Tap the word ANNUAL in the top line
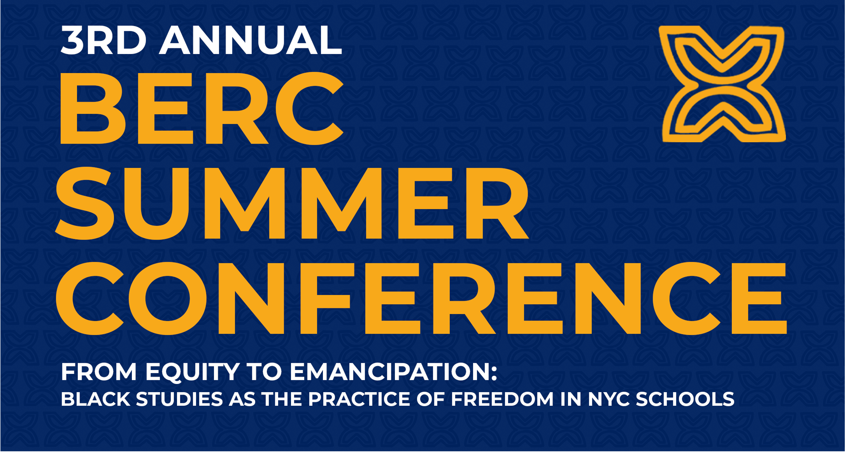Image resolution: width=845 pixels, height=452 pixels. [x=250, y=40]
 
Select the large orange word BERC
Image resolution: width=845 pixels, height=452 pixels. [x=202, y=108]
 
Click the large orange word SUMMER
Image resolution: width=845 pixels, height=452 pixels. [x=292, y=203]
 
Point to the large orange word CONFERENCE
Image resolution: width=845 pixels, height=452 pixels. [x=421, y=298]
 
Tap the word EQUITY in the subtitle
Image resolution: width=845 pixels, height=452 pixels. [x=192, y=372]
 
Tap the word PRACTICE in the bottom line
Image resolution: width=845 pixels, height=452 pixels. [x=359, y=399]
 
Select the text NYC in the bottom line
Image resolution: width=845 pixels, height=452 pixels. [x=609, y=399]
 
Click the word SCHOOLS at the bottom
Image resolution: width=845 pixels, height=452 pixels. [x=685, y=399]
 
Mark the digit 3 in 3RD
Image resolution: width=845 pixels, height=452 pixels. [x=71, y=40]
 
